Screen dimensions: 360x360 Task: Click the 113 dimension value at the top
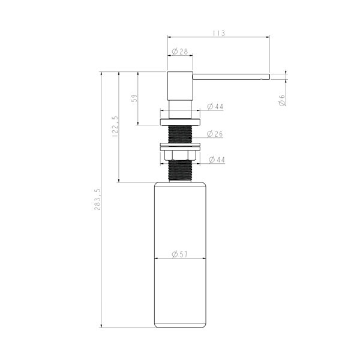click(218, 34)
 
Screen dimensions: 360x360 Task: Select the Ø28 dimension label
click(181, 52)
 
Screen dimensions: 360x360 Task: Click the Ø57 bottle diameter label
click(179, 254)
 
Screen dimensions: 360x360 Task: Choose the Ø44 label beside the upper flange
click(215, 107)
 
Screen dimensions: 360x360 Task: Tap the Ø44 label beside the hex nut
click(215, 160)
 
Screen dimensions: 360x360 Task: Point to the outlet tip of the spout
click(267, 76)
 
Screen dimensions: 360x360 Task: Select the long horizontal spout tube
click(228, 76)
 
